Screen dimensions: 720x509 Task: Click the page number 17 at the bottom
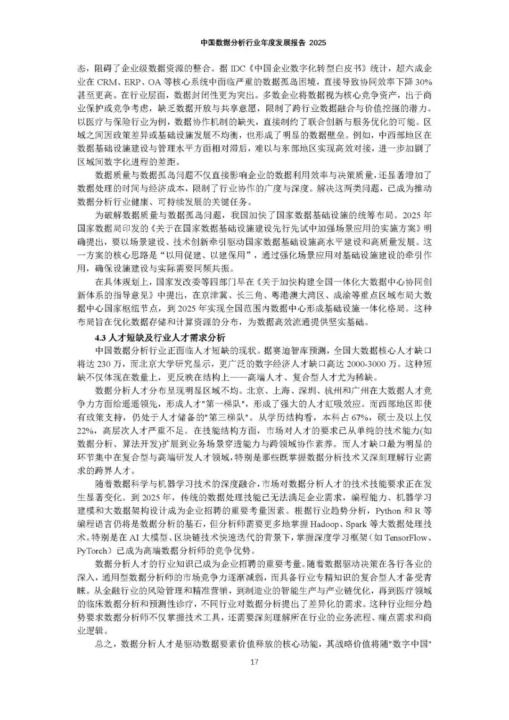(x=254, y=662)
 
